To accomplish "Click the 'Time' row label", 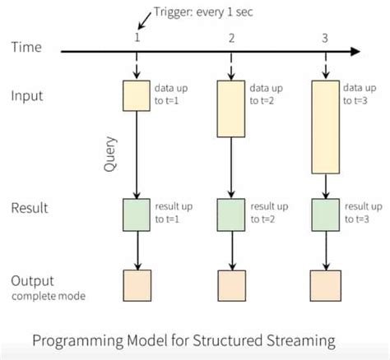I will coord(26,48).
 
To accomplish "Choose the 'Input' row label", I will coord(27,95).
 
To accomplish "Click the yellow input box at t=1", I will coord(137,95).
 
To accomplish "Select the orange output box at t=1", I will coord(137,285).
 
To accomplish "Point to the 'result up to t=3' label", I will coord(362,212).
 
